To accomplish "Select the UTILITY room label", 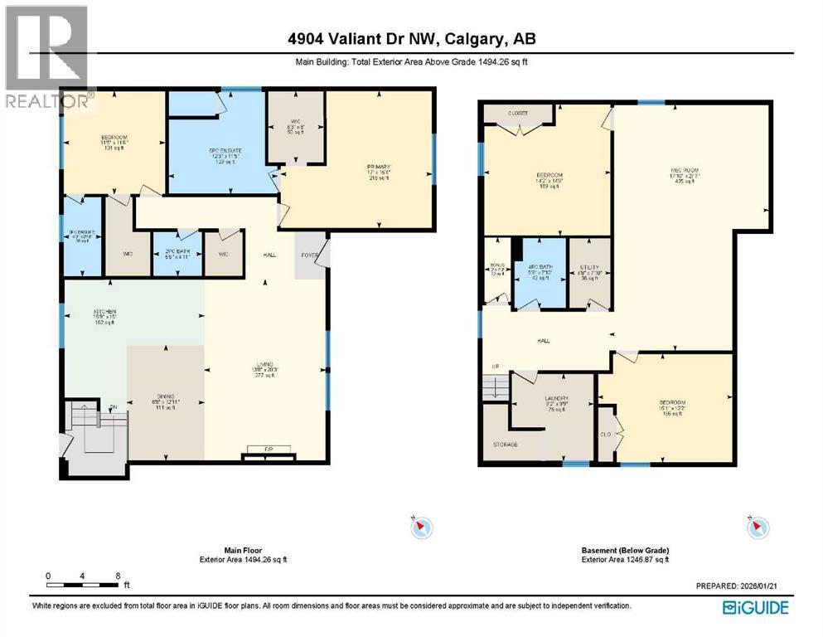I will [x=589, y=267].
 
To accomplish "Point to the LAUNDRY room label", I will [x=556, y=399].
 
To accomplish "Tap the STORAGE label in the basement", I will [x=506, y=445].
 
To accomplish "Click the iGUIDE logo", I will [x=755, y=608].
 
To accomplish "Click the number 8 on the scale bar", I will [x=119, y=576].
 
